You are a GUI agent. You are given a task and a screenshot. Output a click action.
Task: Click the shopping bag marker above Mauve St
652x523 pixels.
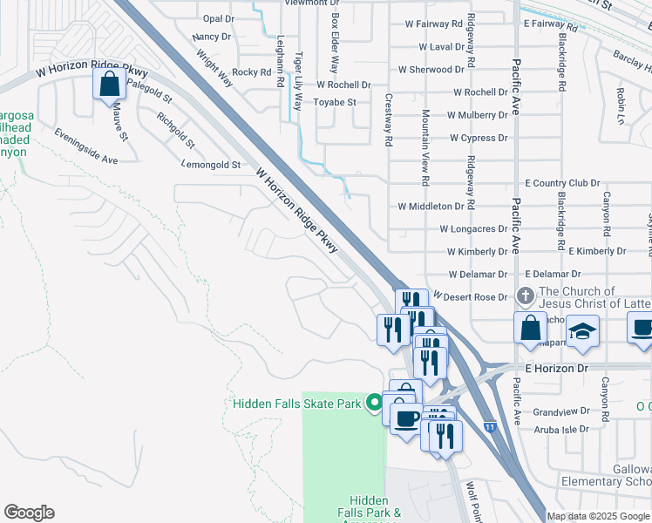pos(109,85)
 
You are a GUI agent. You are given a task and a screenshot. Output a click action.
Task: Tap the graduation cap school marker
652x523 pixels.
pos(582,331)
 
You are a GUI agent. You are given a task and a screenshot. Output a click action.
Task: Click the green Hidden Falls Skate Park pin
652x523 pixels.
pos(375,403)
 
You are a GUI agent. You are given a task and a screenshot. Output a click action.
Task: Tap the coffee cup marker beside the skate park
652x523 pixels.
pos(406,419)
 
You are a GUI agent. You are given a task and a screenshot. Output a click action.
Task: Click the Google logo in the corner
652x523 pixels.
pos(30,512)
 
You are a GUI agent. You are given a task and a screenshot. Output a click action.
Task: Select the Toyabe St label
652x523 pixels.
pos(336,103)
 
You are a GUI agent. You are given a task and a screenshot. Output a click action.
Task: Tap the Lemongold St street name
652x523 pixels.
pos(210,164)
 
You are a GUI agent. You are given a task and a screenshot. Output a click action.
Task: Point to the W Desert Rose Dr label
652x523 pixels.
pos(470,297)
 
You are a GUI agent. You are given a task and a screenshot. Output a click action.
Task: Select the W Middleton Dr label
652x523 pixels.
pos(431,207)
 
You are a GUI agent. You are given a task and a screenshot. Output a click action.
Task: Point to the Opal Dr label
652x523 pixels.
pos(218,18)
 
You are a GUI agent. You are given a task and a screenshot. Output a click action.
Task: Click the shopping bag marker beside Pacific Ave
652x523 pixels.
pos(530,329)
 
